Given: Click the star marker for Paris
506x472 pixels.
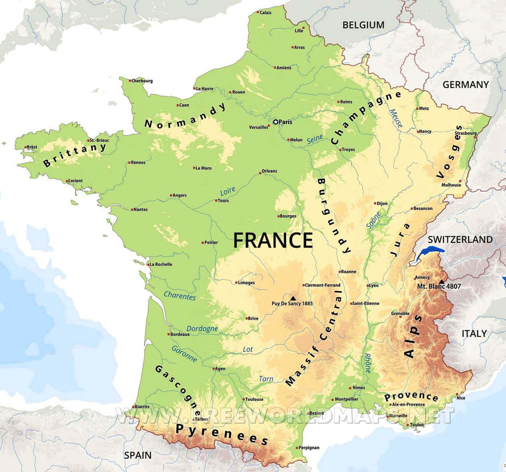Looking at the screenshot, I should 275,122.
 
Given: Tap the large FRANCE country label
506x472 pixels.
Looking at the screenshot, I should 273,240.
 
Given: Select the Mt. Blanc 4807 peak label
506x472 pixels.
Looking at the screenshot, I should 439,286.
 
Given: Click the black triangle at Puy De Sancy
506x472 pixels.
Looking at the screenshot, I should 293,298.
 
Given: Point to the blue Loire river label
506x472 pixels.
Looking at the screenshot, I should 228,191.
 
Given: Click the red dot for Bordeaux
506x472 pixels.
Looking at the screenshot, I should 169,334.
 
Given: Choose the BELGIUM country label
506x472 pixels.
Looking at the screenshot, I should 363,25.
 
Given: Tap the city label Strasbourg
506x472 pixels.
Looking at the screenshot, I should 466,133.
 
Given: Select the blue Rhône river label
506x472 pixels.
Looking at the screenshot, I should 367,363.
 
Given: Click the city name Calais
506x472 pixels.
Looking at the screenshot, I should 265,13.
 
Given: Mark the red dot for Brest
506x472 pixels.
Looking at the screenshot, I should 26,147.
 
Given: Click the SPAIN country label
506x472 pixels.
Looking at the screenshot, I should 138,455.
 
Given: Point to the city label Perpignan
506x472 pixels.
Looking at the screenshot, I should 309,448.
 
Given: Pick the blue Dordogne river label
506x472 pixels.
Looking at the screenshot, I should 202,328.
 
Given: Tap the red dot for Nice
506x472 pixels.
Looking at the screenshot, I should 457,394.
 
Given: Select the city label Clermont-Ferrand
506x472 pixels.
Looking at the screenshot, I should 322,285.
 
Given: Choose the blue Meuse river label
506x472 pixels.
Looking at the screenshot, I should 396,118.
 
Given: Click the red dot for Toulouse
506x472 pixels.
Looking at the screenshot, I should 244,399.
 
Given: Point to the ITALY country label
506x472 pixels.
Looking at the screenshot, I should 474,333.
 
